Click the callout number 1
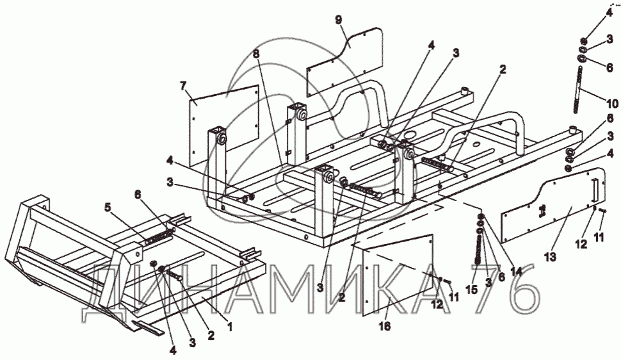point(229,327)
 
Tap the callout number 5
point(108,207)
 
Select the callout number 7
point(182,85)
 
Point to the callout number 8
point(257,54)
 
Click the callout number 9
point(339,20)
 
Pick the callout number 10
point(612,104)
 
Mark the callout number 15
point(472,290)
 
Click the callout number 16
point(385,326)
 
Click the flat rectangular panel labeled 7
point(224,126)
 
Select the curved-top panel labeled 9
point(345,61)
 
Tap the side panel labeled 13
point(554,204)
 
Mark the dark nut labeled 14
point(480,217)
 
